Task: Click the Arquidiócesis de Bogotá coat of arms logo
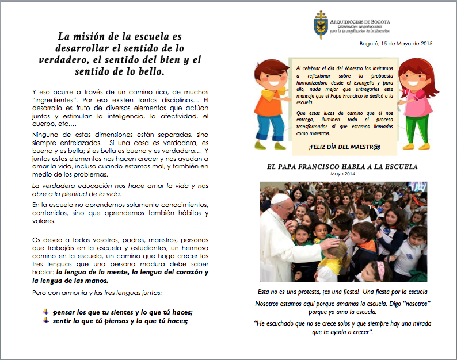(x=321, y=25)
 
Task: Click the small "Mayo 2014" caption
(x=344, y=174)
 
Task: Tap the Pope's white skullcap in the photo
(x=280, y=197)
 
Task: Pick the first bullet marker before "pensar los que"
(x=45, y=311)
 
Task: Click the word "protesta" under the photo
(x=314, y=292)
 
